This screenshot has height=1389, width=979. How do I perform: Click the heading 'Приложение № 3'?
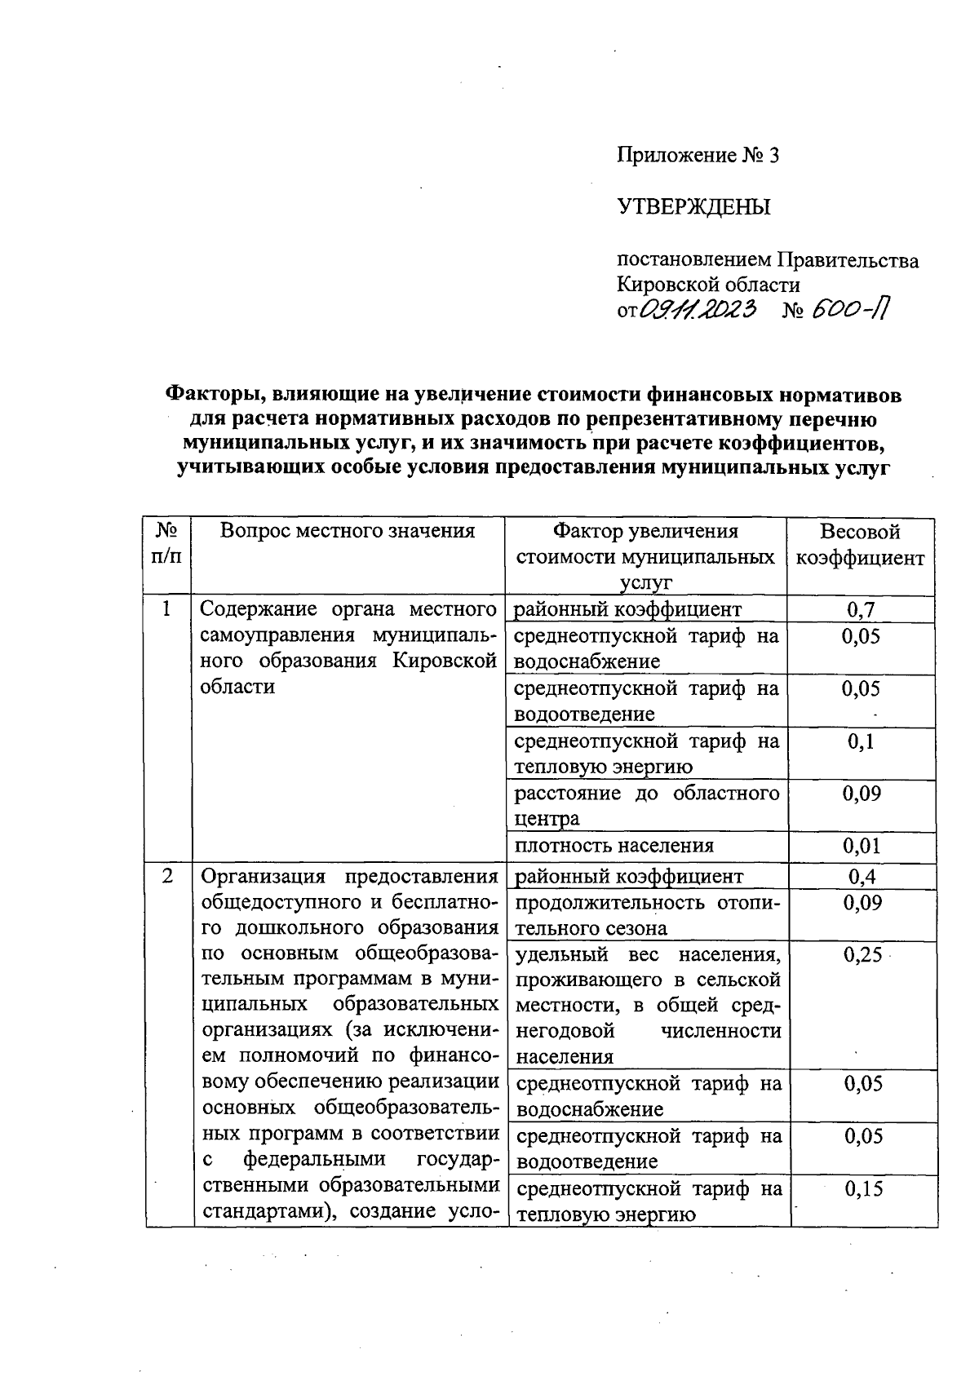[698, 155]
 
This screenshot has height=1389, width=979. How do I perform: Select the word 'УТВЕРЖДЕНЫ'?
[693, 207]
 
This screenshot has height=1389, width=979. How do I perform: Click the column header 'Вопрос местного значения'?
[348, 532]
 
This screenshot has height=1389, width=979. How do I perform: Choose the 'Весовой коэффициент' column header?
[860, 545]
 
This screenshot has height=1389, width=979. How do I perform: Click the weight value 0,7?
[861, 608]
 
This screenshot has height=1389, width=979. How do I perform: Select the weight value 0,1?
[861, 741]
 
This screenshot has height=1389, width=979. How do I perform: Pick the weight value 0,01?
[861, 846]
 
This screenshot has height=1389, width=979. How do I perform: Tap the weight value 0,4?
[862, 877]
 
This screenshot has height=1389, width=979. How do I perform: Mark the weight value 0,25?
[863, 955]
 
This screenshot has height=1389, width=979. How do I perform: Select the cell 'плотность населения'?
[614, 846]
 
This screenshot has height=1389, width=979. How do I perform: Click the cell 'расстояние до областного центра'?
[646, 805]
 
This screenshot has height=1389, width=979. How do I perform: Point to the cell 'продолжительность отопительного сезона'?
[649, 915]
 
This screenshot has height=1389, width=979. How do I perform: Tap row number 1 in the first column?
[167, 608]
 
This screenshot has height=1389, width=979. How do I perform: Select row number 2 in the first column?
[167, 877]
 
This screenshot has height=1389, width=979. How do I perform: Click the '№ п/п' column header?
[166, 544]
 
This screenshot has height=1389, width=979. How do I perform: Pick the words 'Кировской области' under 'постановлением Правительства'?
[707, 285]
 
